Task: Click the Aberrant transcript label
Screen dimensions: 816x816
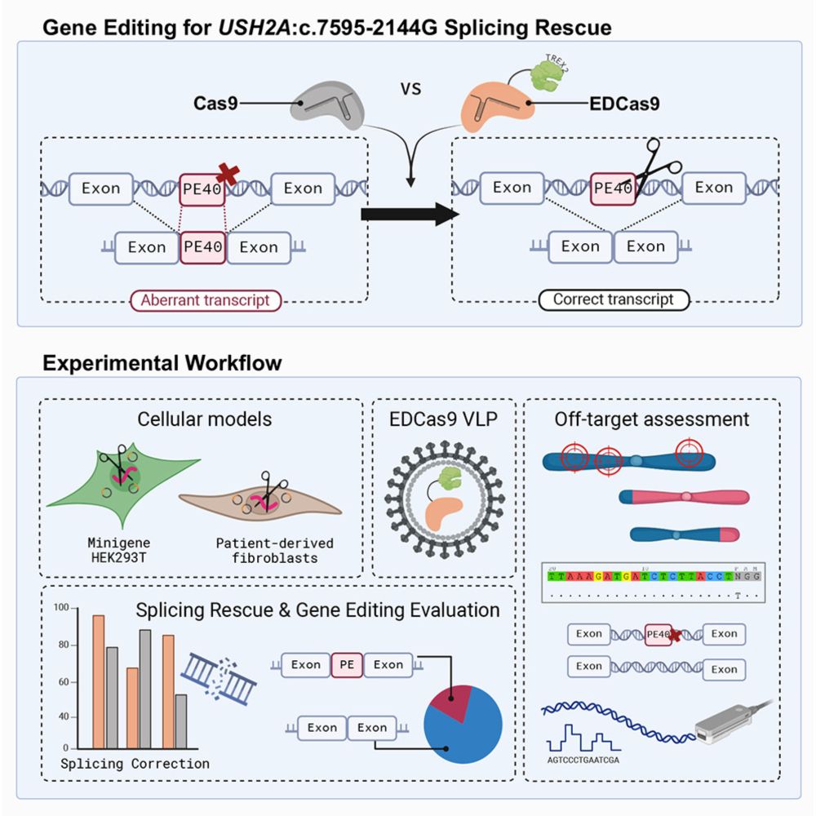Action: [x=205, y=300]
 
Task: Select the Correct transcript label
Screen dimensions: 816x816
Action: [x=613, y=299]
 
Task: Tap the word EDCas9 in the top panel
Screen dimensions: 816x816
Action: [x=624, y=104]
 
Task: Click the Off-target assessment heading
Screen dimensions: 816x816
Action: [x=651, y=419]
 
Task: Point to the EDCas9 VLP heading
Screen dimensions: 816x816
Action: [x=444, y=419]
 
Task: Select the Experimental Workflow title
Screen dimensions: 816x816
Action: [x=162, y=363]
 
